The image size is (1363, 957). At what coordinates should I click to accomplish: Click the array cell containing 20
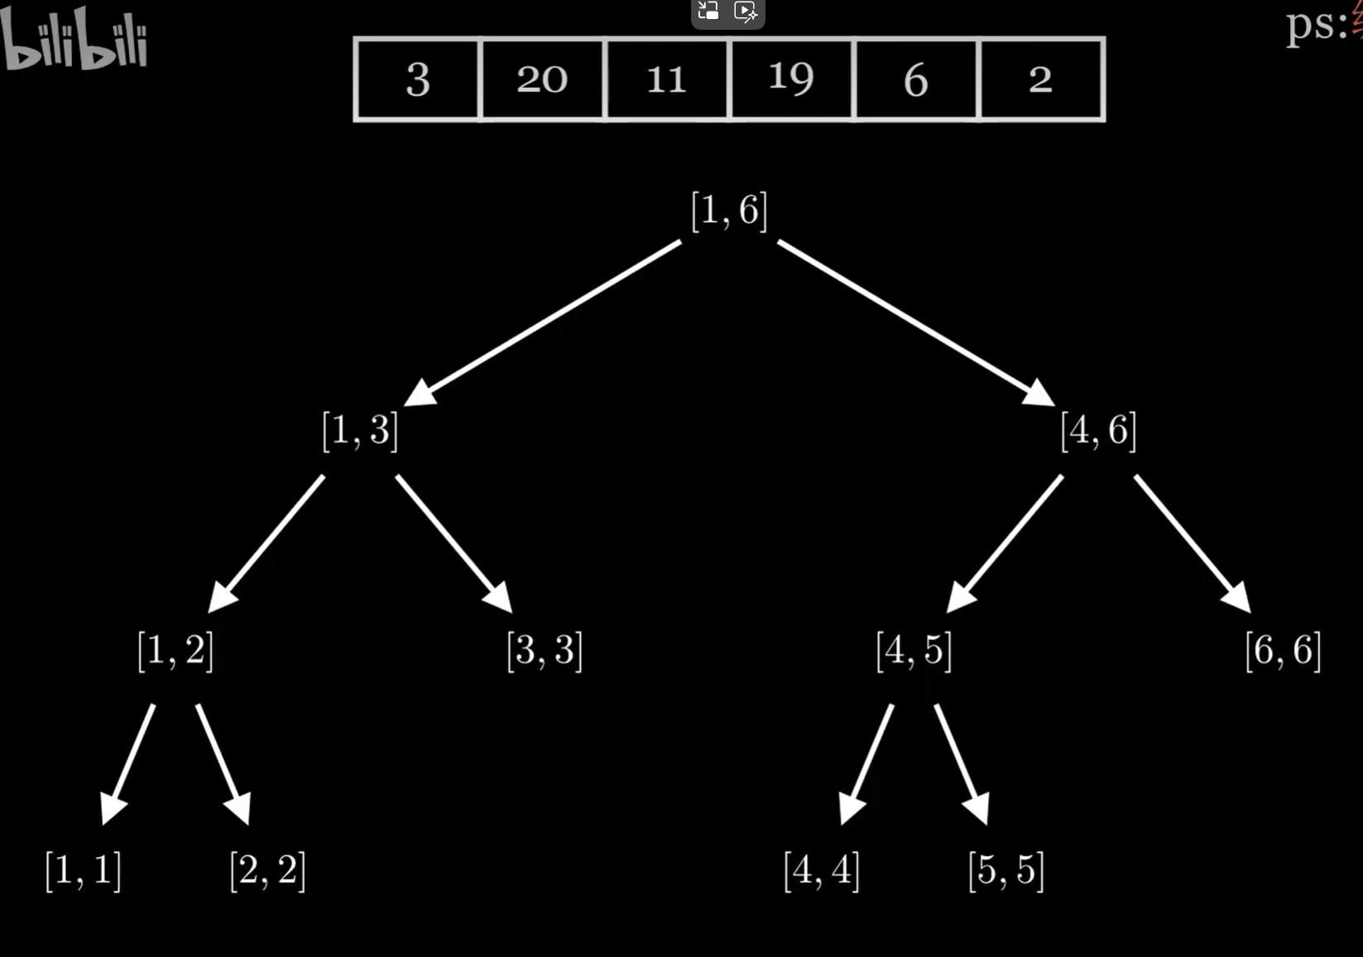(x=542, y=79)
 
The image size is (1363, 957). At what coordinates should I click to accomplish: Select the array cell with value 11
(x=667, y=79)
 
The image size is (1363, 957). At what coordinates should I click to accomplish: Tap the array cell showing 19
(x=791, y=79)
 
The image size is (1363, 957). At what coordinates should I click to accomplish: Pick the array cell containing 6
(x=916, y=79)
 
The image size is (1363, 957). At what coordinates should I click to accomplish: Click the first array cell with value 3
(x=418, y=79)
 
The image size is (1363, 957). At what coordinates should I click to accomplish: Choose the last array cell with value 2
(x=1041, y=79)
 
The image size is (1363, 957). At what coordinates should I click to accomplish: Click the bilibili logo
(x=74, y=40)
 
